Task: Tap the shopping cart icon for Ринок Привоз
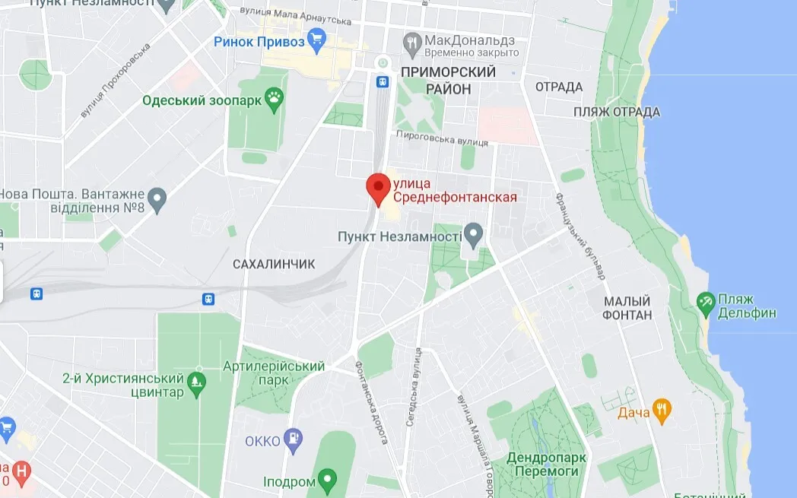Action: [317, 40]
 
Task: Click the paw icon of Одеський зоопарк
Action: [274, 97]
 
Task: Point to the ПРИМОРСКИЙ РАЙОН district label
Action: [447, 81]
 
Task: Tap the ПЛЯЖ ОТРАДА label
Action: [617, 113]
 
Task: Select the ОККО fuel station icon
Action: [292, 438]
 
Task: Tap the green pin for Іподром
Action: [327, 480]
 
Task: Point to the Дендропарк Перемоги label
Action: [545, 465]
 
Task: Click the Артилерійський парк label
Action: [274, 373]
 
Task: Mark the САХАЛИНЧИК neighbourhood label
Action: [273, 263]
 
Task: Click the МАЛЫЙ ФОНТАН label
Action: [627, 308]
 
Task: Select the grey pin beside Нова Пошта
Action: [157, 200]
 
